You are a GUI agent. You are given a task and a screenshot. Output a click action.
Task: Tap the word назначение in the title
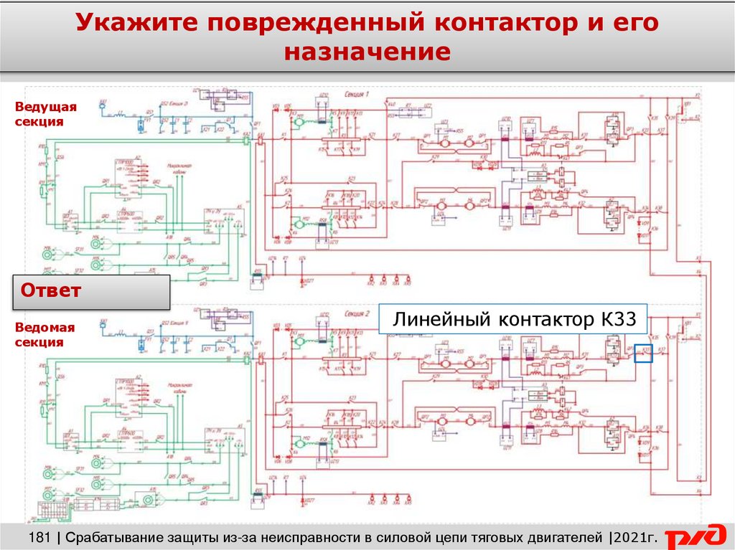click(x=367, y=52)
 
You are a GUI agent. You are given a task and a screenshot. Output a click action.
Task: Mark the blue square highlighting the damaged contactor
click(x=643, y=353)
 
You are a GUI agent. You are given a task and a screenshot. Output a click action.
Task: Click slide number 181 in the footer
click(x=43, y=537)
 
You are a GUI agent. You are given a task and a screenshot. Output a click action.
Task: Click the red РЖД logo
click(x=695, y=537)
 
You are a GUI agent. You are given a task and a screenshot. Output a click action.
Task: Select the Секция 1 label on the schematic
click(x=355, y=94)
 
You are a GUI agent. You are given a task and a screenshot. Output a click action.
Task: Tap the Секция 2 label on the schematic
click(x=355, y=313)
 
